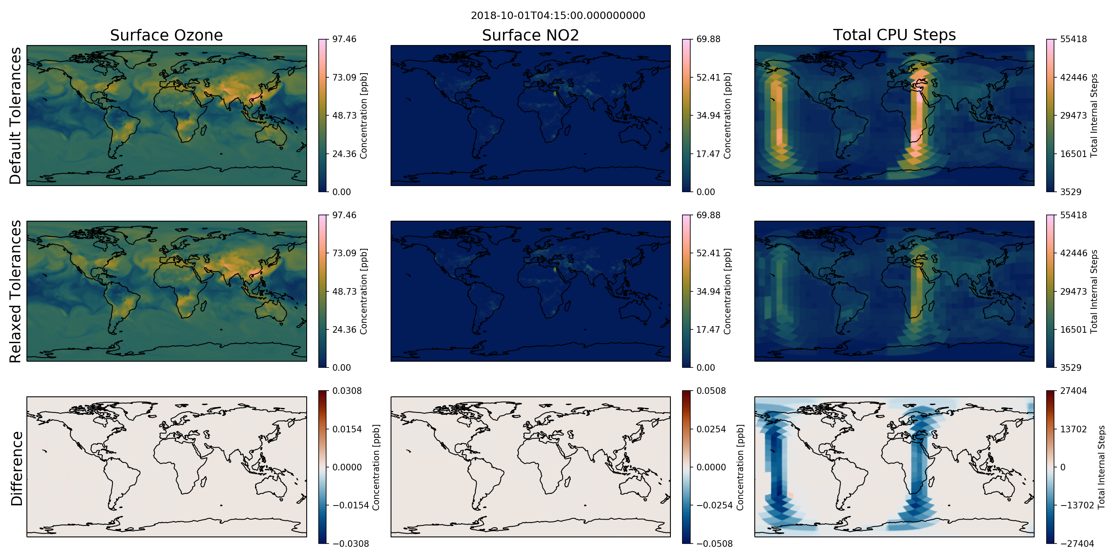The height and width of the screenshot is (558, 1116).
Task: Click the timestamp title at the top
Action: [558, 16]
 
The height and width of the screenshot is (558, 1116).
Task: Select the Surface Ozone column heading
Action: [166, 35]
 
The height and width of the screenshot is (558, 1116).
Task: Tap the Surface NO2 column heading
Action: [530, 35]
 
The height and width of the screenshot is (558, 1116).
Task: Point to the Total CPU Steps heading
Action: [894, 35]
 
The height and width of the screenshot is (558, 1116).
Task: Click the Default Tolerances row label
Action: [15, 116]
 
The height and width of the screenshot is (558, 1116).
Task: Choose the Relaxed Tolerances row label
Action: [15, 291]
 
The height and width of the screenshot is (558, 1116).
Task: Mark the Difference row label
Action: [17, 468]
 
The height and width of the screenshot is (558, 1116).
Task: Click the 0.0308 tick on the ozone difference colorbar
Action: [347, 391]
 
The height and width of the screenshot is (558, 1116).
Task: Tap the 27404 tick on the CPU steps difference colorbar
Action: [1073, 391]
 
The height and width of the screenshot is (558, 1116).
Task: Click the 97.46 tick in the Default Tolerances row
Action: [344, 39]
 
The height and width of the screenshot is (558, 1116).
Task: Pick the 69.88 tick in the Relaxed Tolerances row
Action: [708, 215]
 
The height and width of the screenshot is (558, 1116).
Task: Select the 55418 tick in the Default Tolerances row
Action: [1073, 39]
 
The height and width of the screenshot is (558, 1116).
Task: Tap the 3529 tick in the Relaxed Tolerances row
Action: [1071, 367]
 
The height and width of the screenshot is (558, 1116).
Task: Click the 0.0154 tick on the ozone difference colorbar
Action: [347, 429]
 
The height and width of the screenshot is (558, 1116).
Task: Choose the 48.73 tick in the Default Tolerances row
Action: [344, 115]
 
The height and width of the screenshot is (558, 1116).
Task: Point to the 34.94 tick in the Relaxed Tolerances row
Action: [708, 291]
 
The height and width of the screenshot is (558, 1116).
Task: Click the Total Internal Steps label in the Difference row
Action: [1102, 467]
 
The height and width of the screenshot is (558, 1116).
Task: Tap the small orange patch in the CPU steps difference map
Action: [791, 494]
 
